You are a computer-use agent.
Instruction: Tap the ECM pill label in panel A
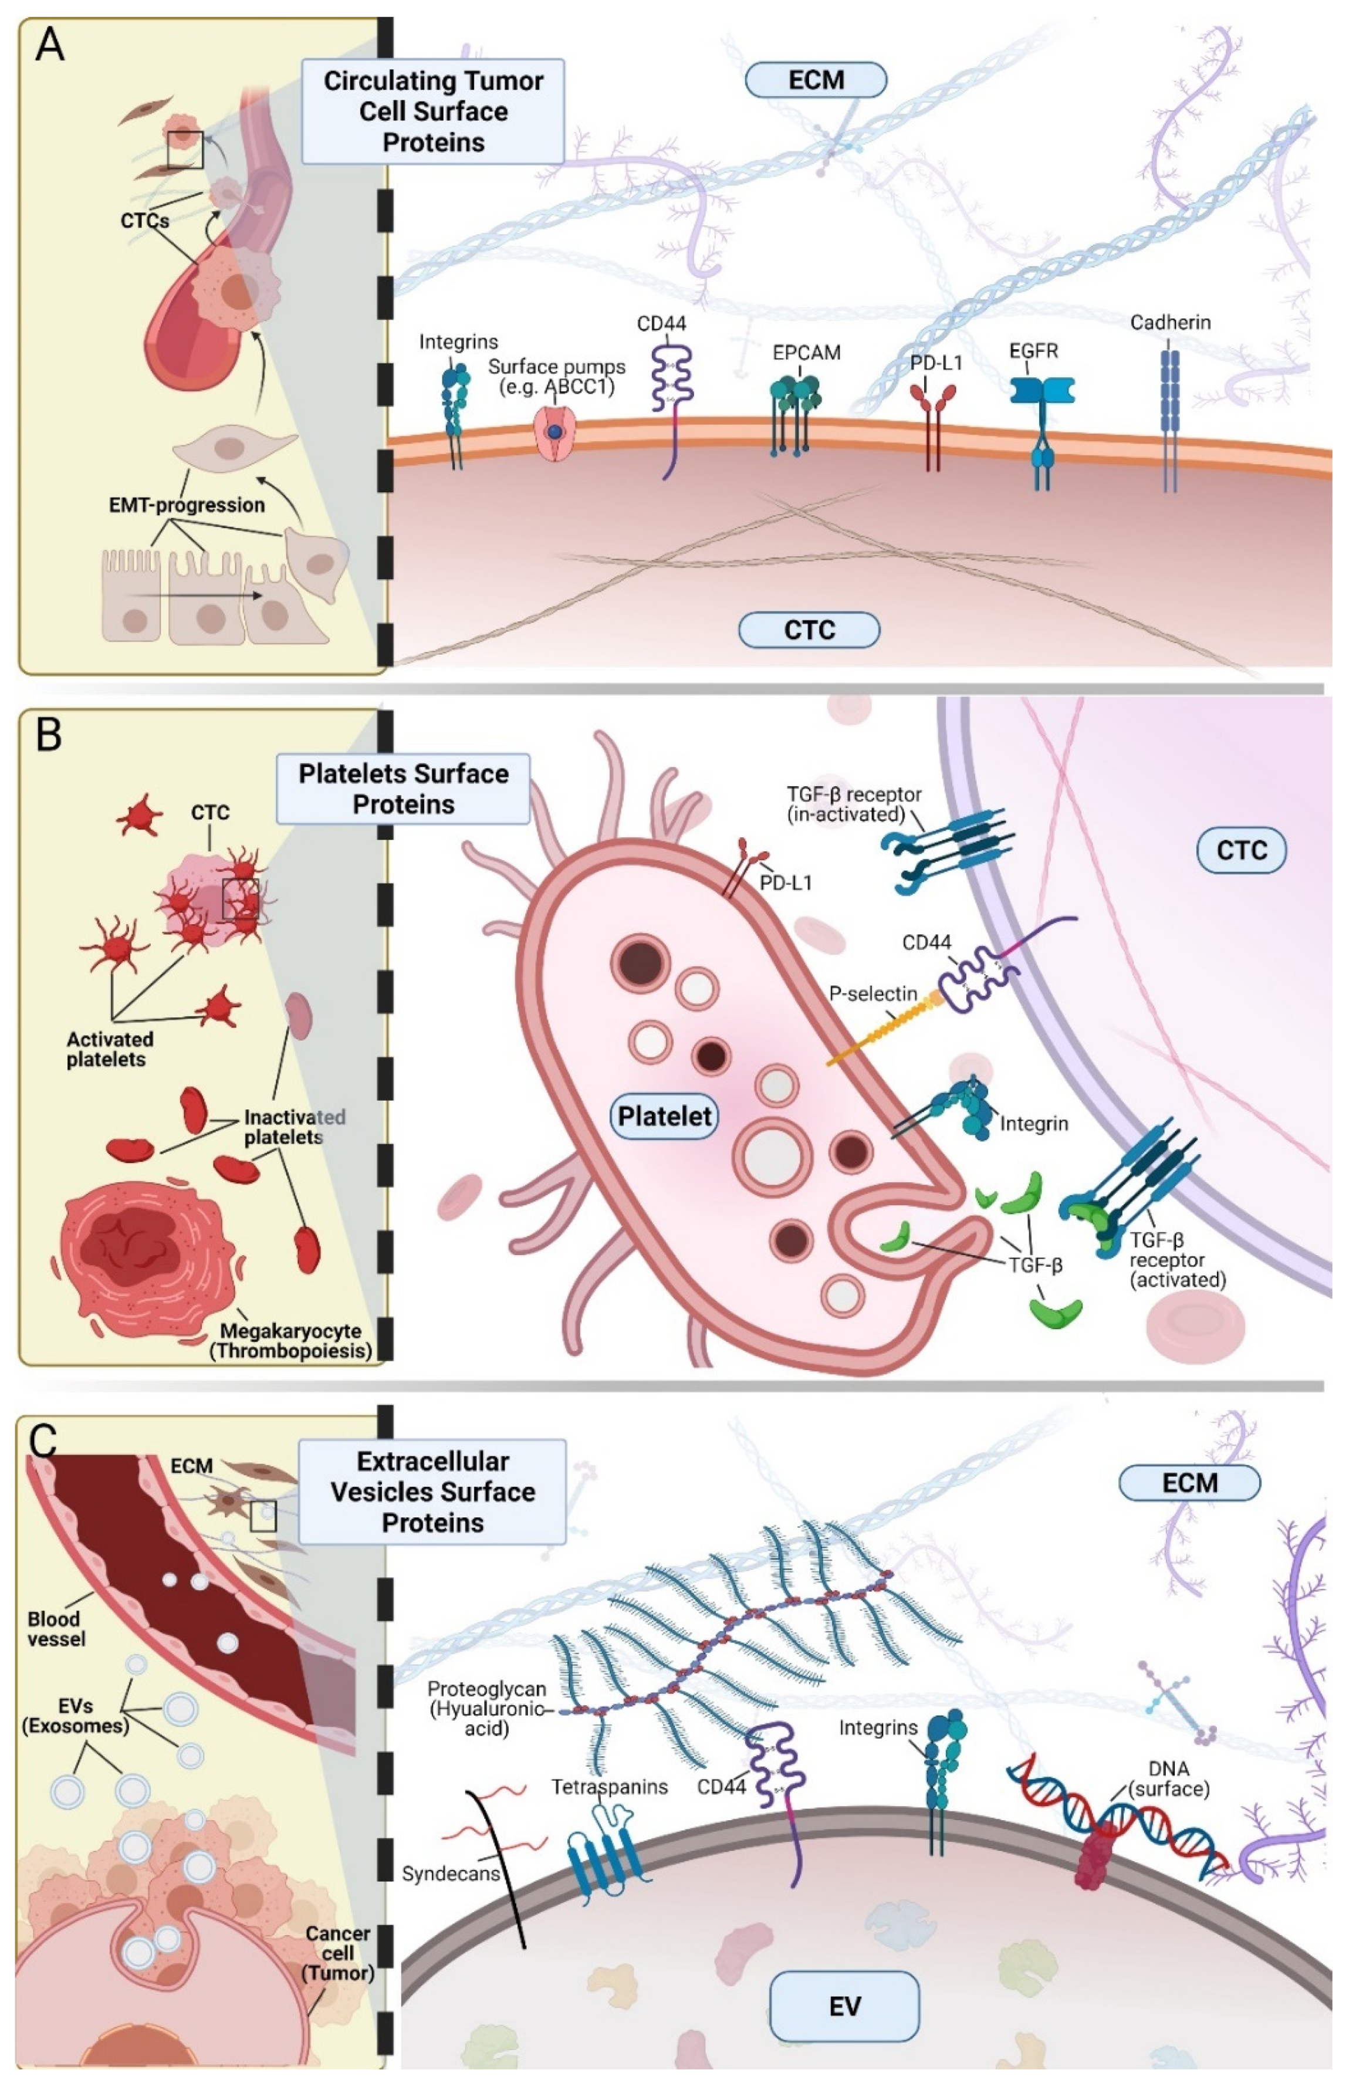point(816,80)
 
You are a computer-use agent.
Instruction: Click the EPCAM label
point(806,353)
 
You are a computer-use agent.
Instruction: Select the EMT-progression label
point(186,505)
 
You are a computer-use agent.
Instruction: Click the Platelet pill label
point(664,1116)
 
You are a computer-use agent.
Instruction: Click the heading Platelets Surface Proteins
point(404,789)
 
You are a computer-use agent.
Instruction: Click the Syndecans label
point(450,1873)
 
